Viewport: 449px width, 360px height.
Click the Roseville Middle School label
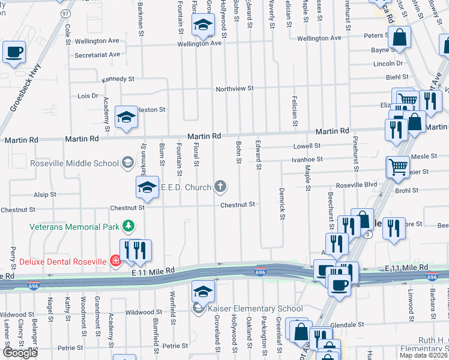tap(74, 163)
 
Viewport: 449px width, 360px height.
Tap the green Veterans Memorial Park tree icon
tap(127, 226)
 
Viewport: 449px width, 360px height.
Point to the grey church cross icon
tap(220, 187)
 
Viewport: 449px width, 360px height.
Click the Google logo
tap(20, 353)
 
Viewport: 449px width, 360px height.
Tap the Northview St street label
tap(235, 88)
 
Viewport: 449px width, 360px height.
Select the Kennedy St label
tap(118, 79)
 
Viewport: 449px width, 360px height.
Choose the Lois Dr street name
tap(88, 96)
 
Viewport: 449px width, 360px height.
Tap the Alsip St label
tap(45, 195)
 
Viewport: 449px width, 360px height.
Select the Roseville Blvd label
tap(357, 185)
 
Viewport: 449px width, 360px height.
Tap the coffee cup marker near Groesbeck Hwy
tap(13, 52)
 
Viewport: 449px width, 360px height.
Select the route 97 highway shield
tap(65, 13)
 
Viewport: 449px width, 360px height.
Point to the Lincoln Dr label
tap(388, 64)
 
